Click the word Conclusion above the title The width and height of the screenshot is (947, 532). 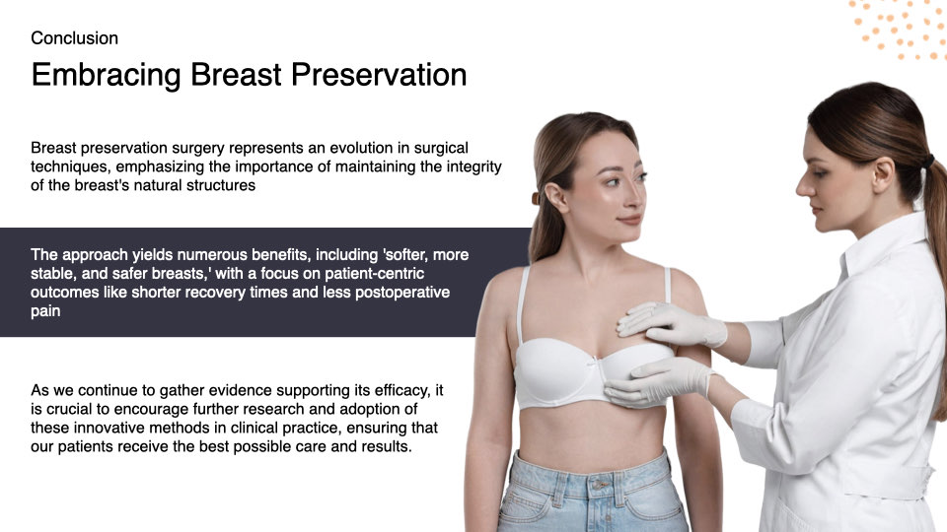pos(74,38)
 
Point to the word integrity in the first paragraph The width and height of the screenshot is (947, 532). pos(466,166)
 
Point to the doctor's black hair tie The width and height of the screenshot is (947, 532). pos(927,160)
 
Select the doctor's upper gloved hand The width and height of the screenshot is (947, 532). pos(663,323)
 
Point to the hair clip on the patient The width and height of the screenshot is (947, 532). pos(536,198)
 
